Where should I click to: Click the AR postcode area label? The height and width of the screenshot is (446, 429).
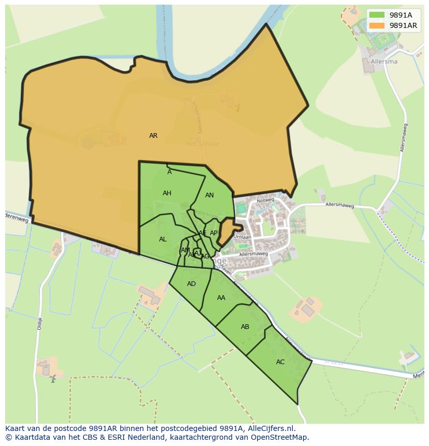coord(153,136)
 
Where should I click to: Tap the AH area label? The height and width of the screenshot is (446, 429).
coord(167,193)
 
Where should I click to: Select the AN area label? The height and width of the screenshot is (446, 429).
coord(209,195)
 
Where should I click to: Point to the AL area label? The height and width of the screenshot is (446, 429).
coord(163,239)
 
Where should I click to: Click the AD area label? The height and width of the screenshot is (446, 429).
coord(191,284)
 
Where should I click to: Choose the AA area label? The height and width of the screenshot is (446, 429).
coord(221,298)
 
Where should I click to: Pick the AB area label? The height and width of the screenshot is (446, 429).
coord(245,327)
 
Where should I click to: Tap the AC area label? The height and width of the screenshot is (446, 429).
coord(280,362)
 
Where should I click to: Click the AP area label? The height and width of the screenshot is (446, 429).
coord(213,233)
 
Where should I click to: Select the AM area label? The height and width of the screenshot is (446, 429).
coord(185,250)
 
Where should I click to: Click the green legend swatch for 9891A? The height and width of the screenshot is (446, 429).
coord(377,15)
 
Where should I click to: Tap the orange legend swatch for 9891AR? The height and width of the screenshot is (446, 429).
coord(377,25)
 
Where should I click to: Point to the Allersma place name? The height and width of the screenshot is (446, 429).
coord(384,61)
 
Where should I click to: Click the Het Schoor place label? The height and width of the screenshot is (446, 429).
coord(202,143)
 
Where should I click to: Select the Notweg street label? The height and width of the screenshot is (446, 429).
coord(265,199)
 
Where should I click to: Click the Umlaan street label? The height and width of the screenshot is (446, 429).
coord(242,237)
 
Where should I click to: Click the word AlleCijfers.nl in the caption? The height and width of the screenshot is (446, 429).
coord(270,428)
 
